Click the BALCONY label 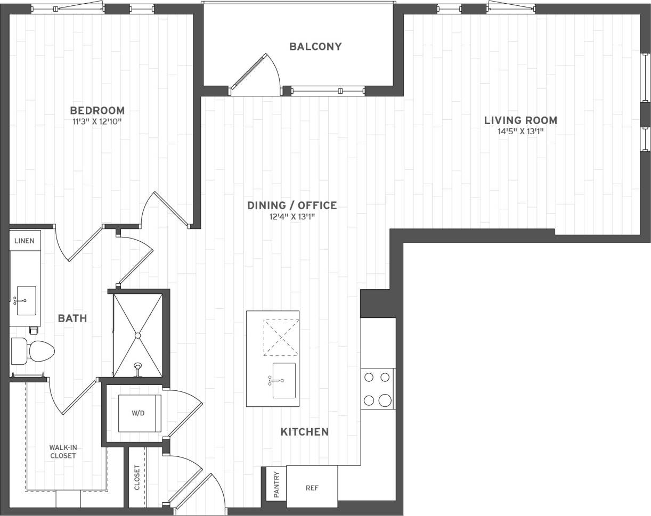tap(315, 46)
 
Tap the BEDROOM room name tap(97, 110)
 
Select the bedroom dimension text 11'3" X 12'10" tap(97, 121)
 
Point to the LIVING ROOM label tap(520, 120)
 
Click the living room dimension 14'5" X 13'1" tap(520, 132)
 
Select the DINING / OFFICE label tap(292, 205)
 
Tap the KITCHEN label tap(304, 431)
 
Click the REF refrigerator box tap(312, 487)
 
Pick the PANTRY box tap(276, 484)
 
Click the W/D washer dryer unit tap(139, 413)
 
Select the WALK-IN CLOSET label tap(63, 452)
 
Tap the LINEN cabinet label tap(25, 241)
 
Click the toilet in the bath tap(34, 351)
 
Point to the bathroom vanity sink tap(26, 300)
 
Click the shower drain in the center tap(137, 335)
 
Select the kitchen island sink tap(283, 380)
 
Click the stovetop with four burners tap(378, 389)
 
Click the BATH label tap(72, 318)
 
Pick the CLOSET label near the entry tap(137, 477)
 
